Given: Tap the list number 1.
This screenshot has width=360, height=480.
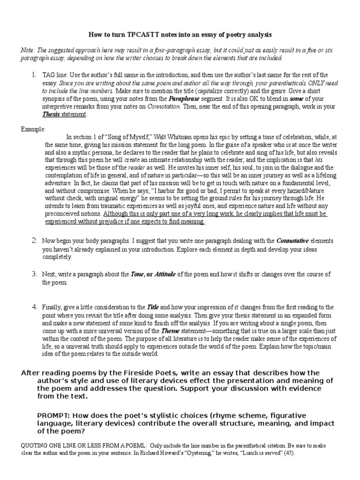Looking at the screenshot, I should click(x=34, y=75).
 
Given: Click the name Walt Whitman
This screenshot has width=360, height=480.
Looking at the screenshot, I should click(x=155, y=137).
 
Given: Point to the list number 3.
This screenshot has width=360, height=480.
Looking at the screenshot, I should click(x=34, y=274).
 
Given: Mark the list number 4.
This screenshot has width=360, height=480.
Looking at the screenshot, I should click(x=34, y=307).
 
